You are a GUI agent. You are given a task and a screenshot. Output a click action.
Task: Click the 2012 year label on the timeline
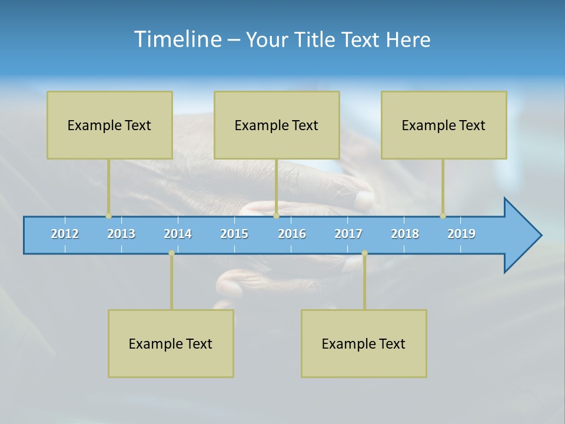[65, 234]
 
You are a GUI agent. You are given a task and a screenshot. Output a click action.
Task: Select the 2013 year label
[121, 234]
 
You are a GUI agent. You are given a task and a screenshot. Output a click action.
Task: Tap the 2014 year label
[178, 234]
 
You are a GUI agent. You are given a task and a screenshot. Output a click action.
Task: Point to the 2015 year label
[234, 234]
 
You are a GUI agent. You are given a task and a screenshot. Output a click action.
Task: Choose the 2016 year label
[292, 234]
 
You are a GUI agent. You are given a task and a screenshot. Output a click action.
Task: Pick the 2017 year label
[348, 234]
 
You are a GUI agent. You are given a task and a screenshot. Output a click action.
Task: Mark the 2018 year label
[405, 234]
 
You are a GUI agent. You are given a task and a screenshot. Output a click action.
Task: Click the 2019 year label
[461, 234]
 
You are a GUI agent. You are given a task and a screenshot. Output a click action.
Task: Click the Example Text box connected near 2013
[109, 125]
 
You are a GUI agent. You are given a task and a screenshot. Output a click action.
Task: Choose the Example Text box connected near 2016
[277, 125]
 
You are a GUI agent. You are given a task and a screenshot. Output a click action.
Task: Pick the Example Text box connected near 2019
[444, 125]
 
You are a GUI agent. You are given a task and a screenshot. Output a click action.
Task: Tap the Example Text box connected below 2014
[171, 343]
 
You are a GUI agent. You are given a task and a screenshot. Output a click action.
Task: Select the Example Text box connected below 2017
[364, 343]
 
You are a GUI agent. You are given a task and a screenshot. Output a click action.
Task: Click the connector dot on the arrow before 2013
[108, 216]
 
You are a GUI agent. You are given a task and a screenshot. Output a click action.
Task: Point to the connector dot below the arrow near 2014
[171, 253]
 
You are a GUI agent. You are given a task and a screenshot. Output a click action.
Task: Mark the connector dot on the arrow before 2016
[276, 216]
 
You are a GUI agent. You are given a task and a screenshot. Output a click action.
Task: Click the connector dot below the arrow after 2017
[364, 253]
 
